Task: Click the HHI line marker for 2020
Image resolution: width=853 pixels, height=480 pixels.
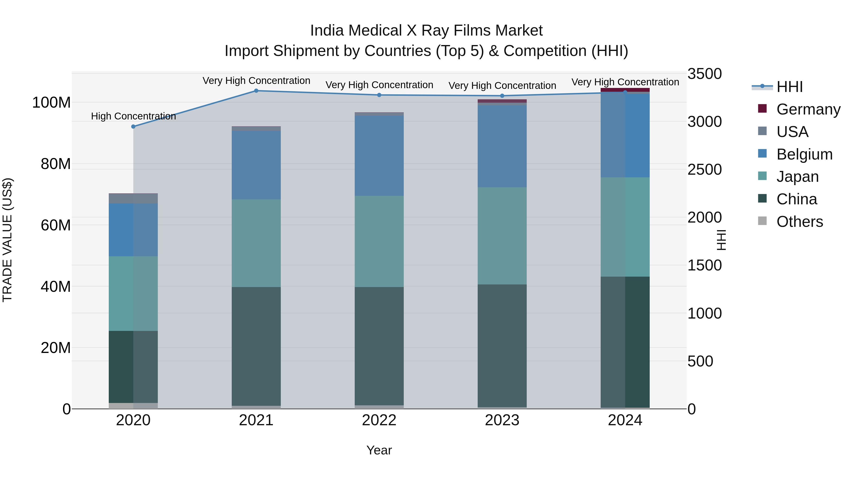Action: pos(133,127)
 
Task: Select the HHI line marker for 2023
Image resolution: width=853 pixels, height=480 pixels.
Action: pos(502,96)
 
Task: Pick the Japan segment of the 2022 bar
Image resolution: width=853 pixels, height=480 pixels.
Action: pos(379,241)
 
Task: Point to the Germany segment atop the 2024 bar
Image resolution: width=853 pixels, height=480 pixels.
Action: pos(625,90)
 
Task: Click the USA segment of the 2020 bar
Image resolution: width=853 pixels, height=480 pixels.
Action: pos(133,198)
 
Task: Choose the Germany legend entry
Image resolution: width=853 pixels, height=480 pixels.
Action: pos(808,109)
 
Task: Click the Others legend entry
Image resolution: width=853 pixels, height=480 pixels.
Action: pos(799,222)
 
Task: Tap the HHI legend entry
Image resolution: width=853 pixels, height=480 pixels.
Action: pos(789,87)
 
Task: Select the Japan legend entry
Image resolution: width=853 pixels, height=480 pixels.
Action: pos(797,177)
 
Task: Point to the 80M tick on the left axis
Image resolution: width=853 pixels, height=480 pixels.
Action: pos(56,164)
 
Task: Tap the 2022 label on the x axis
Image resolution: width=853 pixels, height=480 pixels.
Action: pos(379,420)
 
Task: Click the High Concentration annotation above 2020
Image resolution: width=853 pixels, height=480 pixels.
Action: pos(133,116)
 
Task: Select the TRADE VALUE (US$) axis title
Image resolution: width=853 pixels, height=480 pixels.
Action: pos(7,240)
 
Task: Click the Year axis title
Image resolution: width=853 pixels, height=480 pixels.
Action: pos(379,450)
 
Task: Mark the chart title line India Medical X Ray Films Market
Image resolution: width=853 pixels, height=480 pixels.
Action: pos(426,31)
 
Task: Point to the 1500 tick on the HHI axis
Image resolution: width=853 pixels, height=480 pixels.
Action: pos(705,265)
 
